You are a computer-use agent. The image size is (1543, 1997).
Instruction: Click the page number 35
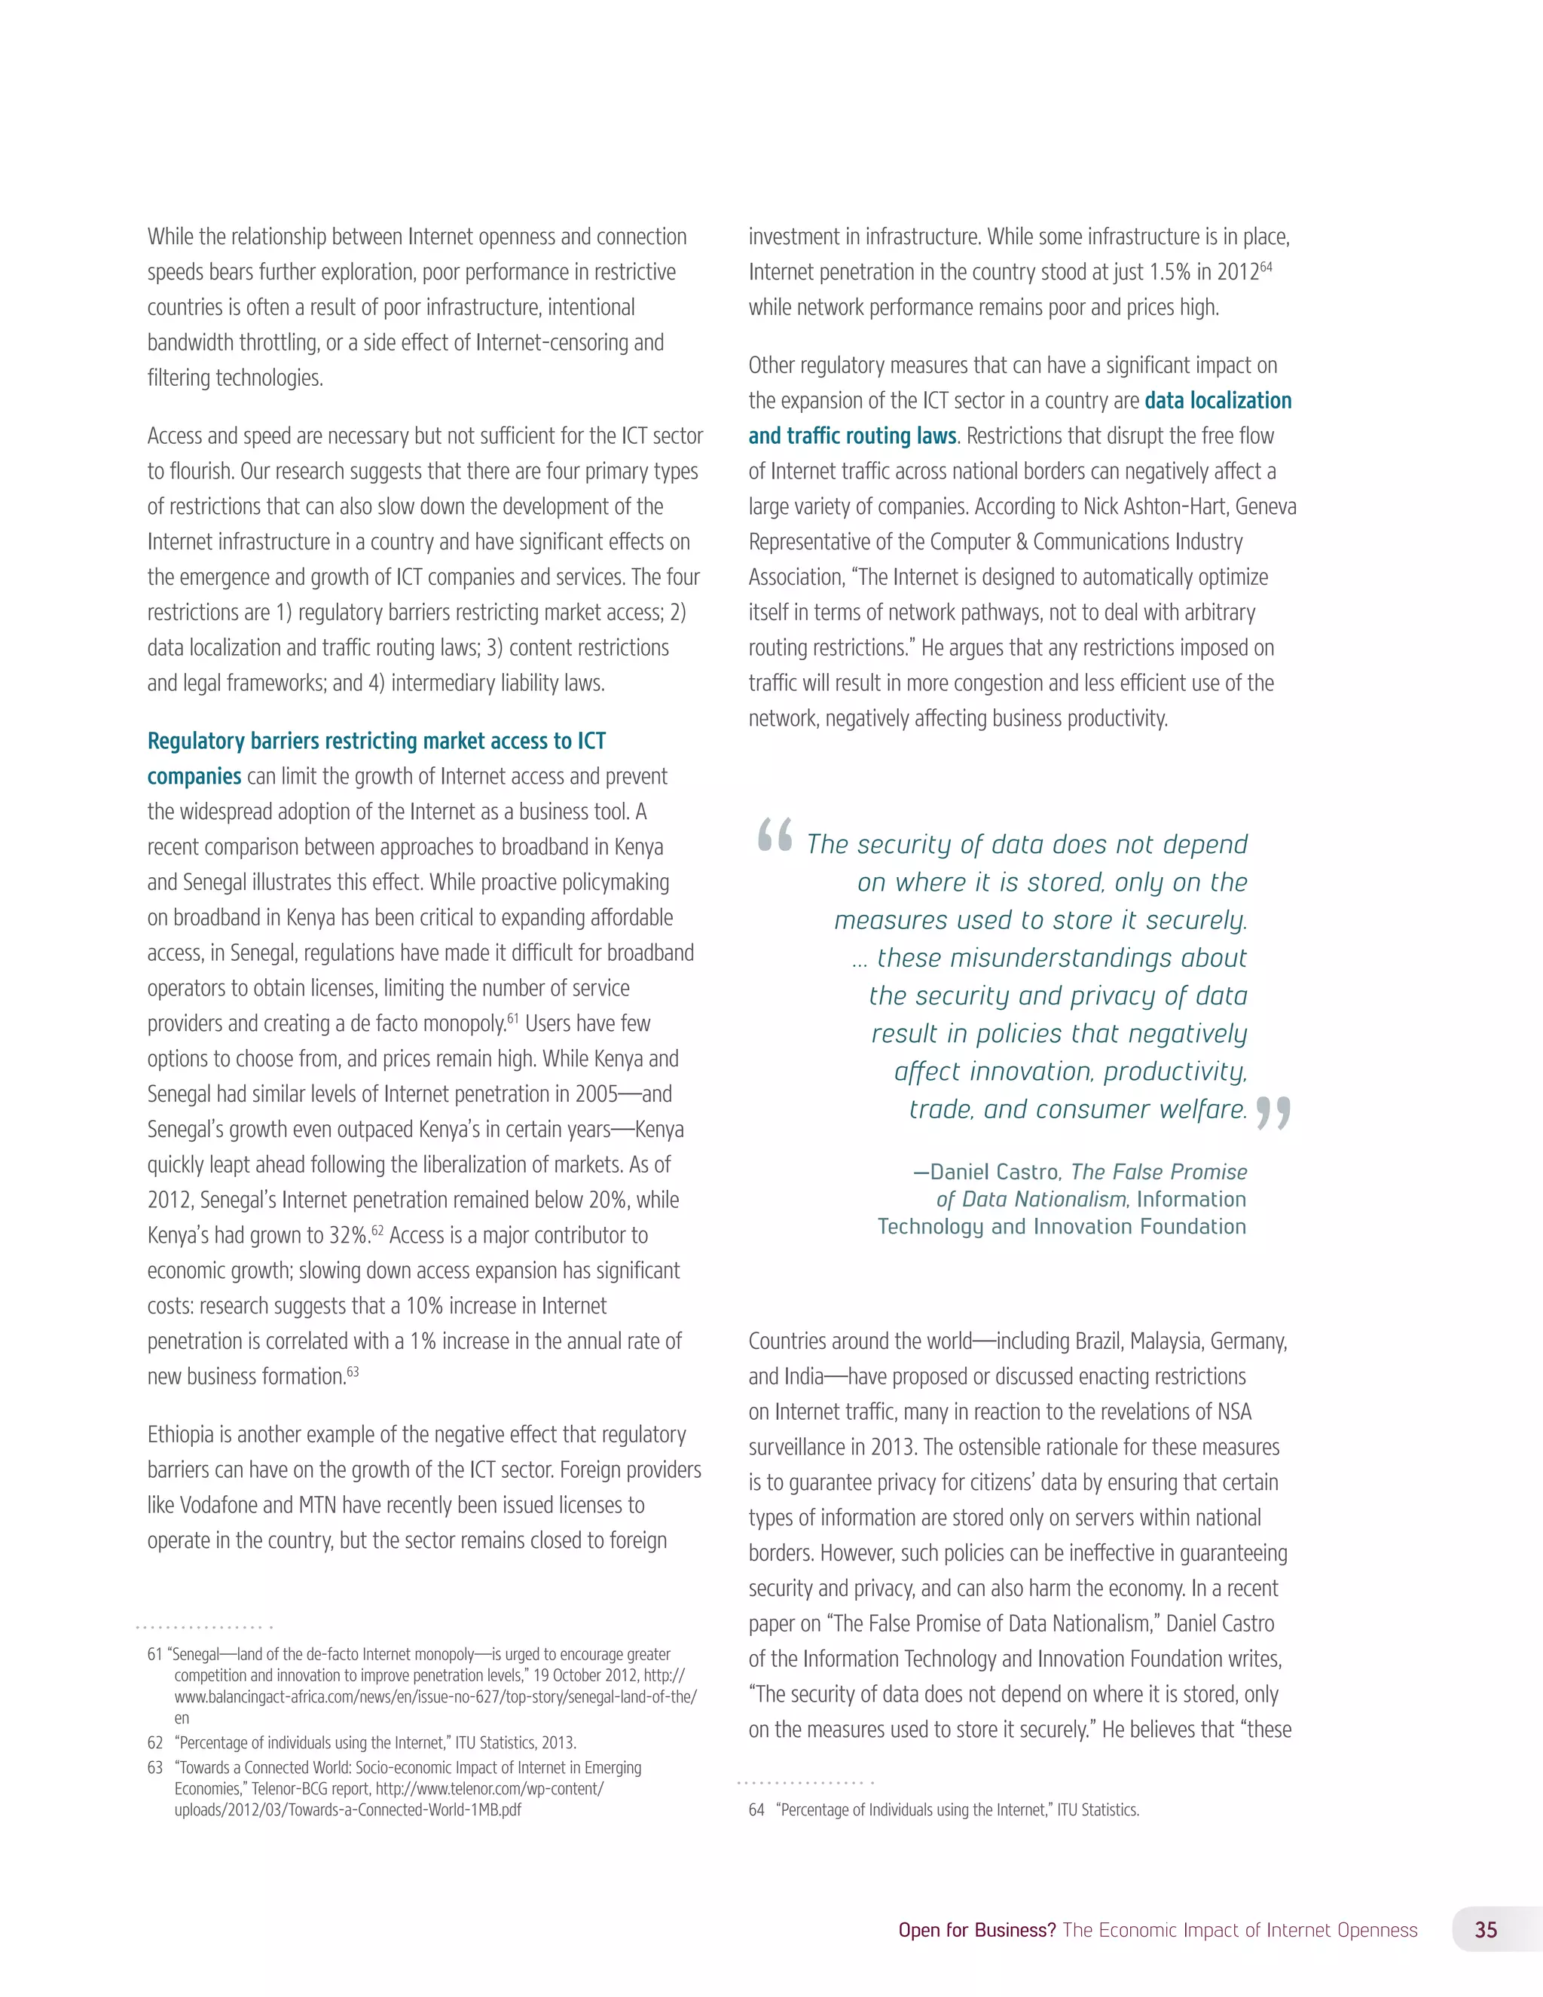[x=1486, y=1929]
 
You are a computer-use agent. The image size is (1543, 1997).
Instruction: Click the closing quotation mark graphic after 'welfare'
[x=1273, y=1113]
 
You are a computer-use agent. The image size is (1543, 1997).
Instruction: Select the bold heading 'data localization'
[x=1218, y=400]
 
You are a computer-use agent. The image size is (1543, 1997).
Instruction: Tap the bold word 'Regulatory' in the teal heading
[x=196, y=741]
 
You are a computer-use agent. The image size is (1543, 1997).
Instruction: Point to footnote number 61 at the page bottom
[x=154, y=1654]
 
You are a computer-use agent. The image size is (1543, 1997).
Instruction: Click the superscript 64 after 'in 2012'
[x=1266, y=266]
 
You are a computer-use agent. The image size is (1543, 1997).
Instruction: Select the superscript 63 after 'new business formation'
[x=353, y=1372]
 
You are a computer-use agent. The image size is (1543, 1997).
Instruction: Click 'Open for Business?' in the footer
[x=976, y=1930]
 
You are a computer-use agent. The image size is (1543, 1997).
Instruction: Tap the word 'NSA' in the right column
[x=1234, y=1411]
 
